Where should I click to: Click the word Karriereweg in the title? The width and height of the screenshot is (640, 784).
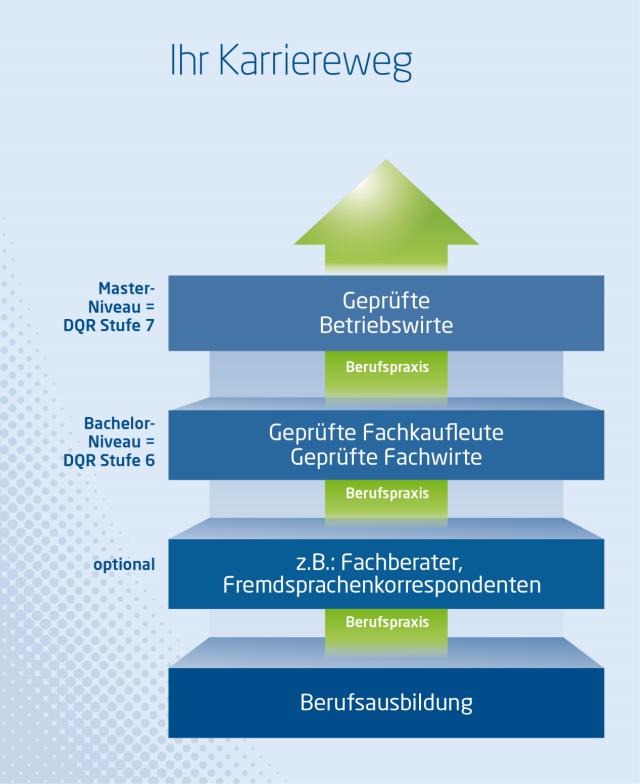pyautogui.click(x=315, y=61)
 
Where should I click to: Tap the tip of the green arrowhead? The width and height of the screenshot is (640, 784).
pyautogui.click(x=386, y=161)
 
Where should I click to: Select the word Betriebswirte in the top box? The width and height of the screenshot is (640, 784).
pyautogui.click(x=386, y=325)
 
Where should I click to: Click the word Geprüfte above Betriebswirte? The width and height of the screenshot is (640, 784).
pyautogui.click(x=386, y=302)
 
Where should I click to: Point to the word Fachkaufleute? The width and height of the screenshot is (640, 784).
pyautogui.click(x=433, y=433)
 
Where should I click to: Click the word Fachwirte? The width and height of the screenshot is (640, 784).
pyautogui.click(x=433, y=457)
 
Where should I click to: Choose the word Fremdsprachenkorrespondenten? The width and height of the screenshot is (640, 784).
pyautogui.click(x=382, y=585)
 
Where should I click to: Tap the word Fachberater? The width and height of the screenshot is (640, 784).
pyautogui.click(x=405, y=562)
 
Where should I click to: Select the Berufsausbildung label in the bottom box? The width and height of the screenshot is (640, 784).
pyautogui.click(x=386, y=703)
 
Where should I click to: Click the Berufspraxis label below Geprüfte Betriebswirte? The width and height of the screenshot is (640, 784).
pyautogui.click(x=387, y=367)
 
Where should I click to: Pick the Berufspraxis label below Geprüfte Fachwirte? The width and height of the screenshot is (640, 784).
pyautogui.click(x=387, y=494)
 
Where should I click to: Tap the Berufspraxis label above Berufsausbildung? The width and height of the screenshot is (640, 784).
pyautogui.click(x=387, y=622)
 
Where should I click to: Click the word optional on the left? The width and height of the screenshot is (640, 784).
pyautogui.click(x=124, y=565)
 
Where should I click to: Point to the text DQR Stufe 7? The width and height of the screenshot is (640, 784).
pyautogui.click(x=109, y=326)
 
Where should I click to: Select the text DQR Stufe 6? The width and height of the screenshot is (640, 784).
pyautogui.click(x=109, y=461)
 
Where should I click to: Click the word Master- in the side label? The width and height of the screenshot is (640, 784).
pyautogui.click(x=126, y=288)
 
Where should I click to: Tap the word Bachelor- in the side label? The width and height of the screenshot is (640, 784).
pyautogui.click(x=119, y=423)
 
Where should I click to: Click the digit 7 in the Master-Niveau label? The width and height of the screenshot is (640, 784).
pyautogui.click(x=150, y=326)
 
